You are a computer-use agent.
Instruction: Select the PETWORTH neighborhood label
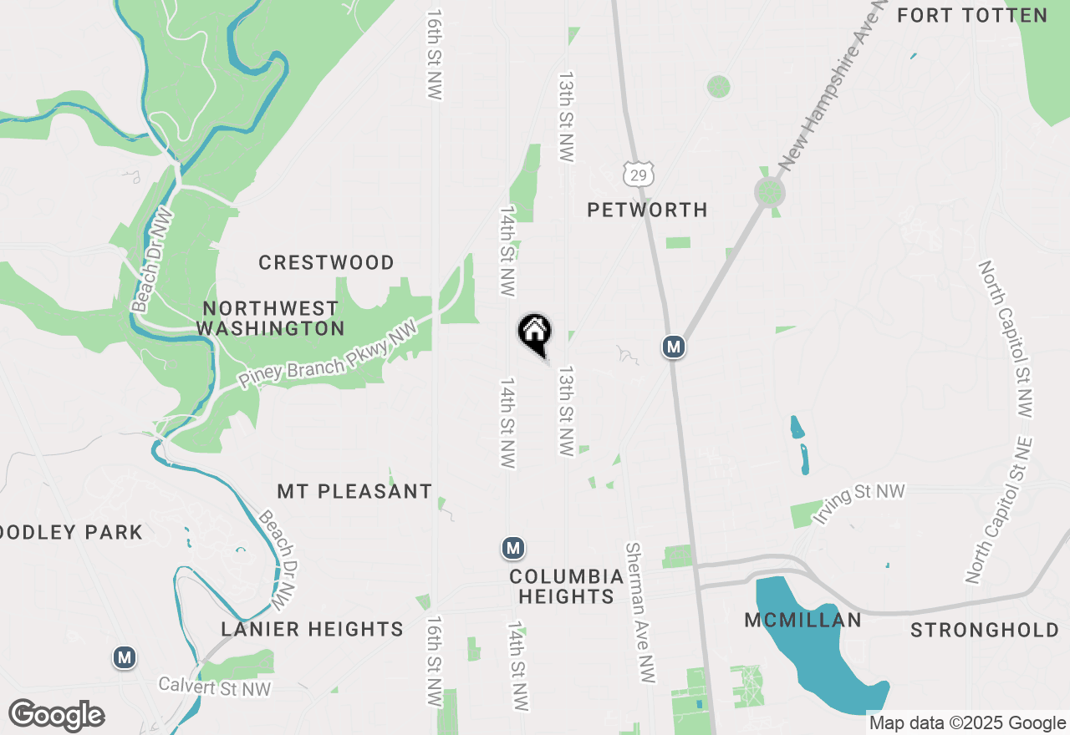coord(647,210)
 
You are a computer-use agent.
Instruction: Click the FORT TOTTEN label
coord(971,15)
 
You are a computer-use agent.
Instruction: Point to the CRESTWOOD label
coord(326,262)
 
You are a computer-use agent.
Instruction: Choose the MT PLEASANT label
coord(354,491)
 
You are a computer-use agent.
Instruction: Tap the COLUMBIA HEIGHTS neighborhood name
coord(567,586)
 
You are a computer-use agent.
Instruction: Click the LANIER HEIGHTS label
coord(313,629)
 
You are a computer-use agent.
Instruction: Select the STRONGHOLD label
coord(985,630)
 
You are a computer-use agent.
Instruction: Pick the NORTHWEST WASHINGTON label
coord(270,318)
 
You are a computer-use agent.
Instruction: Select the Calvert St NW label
coord(216,687)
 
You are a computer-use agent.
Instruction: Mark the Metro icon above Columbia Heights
coord(513,548)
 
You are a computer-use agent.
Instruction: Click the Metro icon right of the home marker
coord(674,346)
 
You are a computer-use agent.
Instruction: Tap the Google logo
coord(56,716)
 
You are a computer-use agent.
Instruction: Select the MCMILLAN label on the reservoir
coord(802,620)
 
